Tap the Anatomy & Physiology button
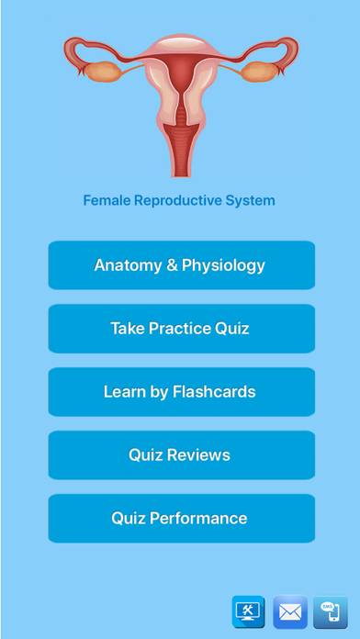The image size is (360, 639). coord(182,265)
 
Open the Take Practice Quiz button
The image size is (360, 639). coord(182,329)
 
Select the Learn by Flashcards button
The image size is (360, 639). coord(182,392)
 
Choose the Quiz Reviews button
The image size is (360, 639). coord(182,454)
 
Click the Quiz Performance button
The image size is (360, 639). coord(182,519)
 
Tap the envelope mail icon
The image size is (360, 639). coord(290,612)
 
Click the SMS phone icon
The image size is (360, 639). coord(331,612)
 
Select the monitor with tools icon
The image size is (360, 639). coord(248,612)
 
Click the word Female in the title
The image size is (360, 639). coord(107,200)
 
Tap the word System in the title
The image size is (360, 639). coord(254,201)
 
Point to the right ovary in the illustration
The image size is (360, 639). coord(259,72)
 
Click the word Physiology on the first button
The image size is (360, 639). coord(223,265)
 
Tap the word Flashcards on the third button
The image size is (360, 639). coord(214,392)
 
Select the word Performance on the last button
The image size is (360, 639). coord(198,519)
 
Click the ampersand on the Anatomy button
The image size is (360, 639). coord(172,265)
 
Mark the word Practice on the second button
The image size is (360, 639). coord(179,329)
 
